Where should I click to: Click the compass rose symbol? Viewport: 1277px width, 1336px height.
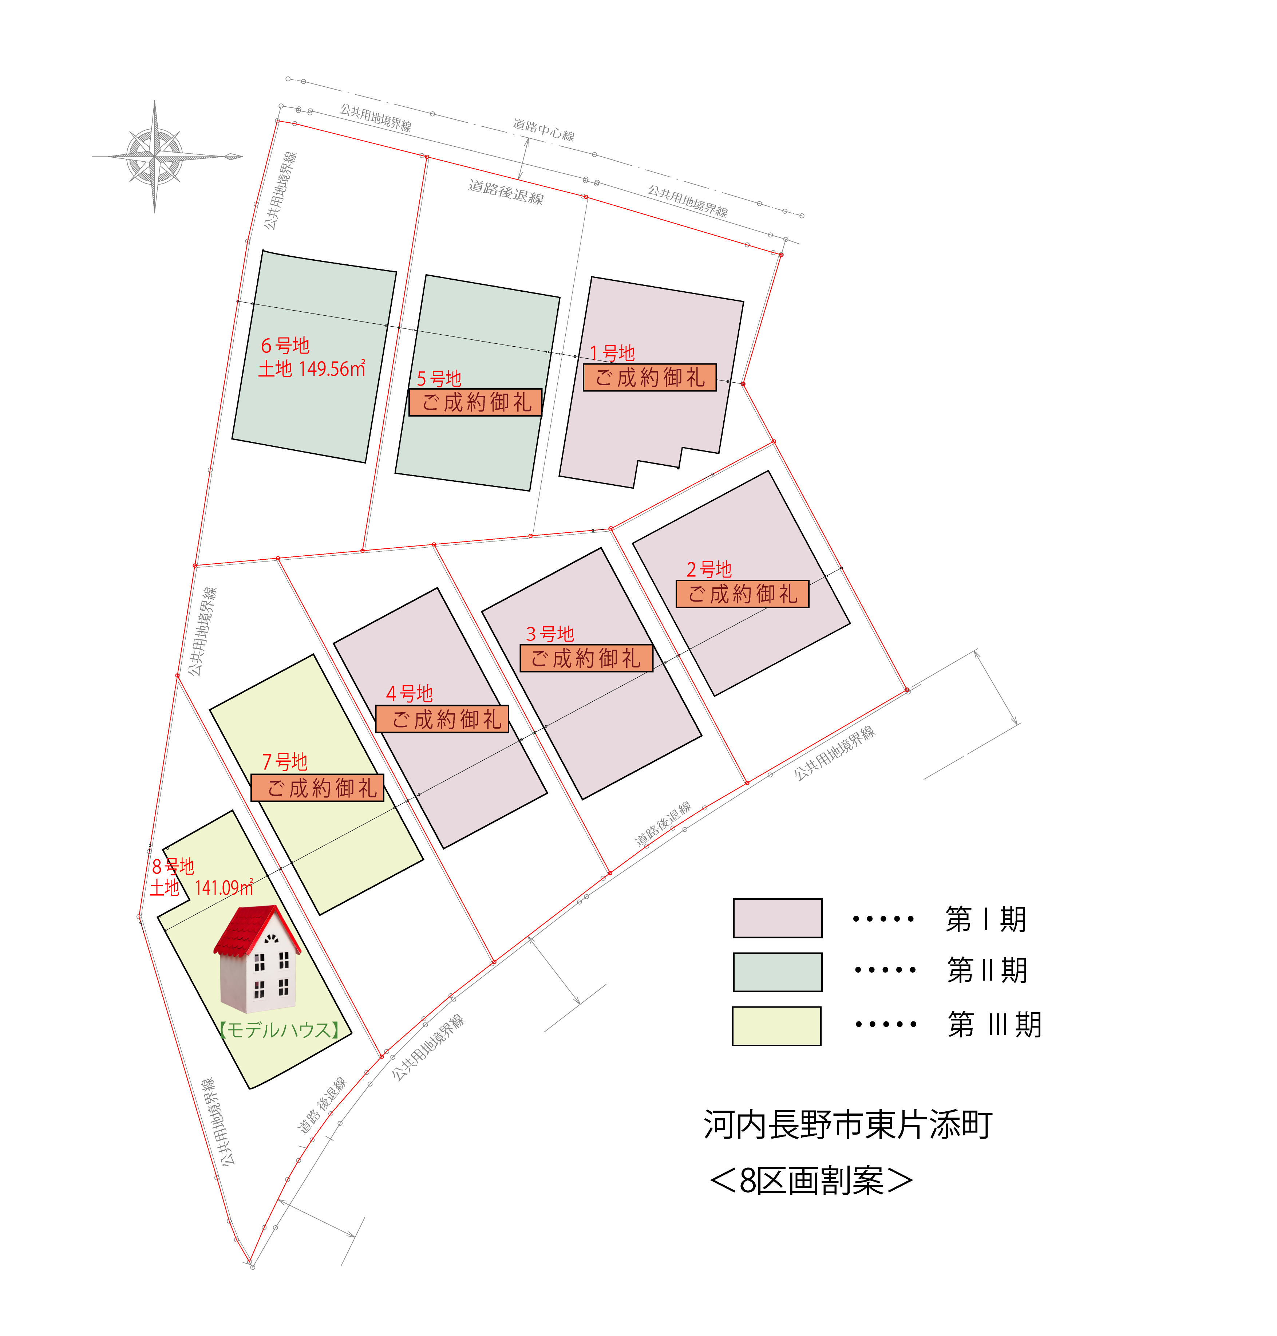[x=155, y=157]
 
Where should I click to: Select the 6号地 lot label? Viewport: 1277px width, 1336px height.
[x=285, y=346]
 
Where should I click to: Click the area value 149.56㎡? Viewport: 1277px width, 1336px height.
[x=332, y=369]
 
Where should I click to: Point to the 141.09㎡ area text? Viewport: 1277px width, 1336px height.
[x=224, y=888]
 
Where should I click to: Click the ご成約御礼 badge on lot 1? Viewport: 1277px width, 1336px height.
[x=650, y=377]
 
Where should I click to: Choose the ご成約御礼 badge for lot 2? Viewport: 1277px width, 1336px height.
[x=743, y=594]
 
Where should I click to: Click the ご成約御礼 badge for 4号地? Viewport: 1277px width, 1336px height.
[x=442, y=719]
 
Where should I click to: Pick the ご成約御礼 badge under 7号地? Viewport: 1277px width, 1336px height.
[x=318, y=788]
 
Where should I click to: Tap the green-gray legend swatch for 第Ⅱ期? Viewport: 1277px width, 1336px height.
[x=777, y=972]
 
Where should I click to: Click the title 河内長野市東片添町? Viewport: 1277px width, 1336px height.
[x=848, y=1125]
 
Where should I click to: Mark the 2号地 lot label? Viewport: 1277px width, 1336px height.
[x=709, y=569]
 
